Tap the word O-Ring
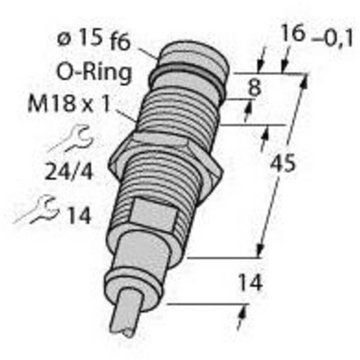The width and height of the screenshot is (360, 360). point(94,72)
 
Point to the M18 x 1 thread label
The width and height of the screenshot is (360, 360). point(69,104)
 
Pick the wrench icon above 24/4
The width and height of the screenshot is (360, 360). point(71,138)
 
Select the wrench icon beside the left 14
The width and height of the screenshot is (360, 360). point(36,209)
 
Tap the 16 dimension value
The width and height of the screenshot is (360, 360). point(294,33)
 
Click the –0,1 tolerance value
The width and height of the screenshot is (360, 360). point(332,40)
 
